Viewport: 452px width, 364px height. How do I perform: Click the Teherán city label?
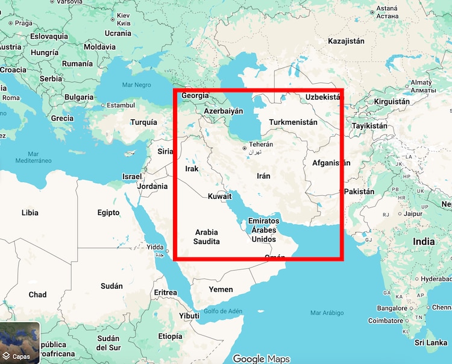[261, 145]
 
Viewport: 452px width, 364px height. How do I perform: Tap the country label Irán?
[263, 176]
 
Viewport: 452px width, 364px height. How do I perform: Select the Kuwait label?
[220, 197]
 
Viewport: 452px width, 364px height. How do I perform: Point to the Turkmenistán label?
[293, 122]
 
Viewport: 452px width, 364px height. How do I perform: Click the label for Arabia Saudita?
[206, 237]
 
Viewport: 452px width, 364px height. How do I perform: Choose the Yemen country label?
[221, 289]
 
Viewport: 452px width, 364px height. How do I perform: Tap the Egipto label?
[108, 213]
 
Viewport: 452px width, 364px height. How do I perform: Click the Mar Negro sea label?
[136, 85]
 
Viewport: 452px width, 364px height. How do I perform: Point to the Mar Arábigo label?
[327, 313]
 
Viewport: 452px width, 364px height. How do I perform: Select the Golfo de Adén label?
[222, 311]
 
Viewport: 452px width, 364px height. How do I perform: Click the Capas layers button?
[20, 344]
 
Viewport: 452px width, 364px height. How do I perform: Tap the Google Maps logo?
[262, 359]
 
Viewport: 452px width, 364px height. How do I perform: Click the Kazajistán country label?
[347, 42]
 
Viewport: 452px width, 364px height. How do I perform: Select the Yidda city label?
[155, 247]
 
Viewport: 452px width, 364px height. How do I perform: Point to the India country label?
[423, 242]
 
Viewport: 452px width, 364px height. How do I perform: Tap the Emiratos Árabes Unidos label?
[263, 230]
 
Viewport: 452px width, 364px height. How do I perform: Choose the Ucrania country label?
[118, 33]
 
